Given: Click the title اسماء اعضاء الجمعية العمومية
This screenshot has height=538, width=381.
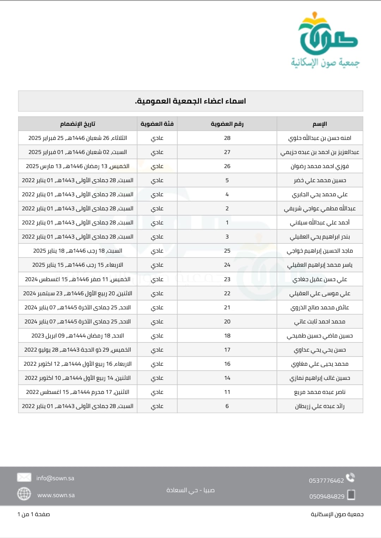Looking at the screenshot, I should click(x=190, y=101).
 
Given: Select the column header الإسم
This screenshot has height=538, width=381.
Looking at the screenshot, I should click(x=320, y=124).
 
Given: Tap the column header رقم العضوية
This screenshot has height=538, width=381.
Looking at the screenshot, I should click(x=227, y=124).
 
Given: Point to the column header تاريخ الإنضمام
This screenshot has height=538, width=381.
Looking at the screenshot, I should click(x=78, y=124).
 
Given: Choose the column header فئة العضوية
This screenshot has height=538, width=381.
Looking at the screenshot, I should click(x=157, y=124).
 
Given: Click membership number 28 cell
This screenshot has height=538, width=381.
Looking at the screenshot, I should click(x=227, y=138).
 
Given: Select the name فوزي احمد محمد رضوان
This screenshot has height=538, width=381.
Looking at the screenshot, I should click(x=320, y=166).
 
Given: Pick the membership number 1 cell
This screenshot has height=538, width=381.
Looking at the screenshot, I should click(x=227, y=223).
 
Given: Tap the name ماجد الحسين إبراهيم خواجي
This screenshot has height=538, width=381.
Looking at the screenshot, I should click(x=320, y=251).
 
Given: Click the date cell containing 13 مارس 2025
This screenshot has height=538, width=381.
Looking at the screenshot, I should click(x=78, y=166).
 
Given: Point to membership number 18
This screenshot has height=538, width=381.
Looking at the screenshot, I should click(x=227, y=336).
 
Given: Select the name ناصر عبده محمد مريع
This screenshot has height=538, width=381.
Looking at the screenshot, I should click(x=320, y=392).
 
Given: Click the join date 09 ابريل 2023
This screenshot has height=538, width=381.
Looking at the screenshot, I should click(x=78, y=336).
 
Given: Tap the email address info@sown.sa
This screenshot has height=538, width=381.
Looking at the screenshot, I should click(x=55, y=478).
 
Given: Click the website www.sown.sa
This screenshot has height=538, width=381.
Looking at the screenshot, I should click(x=56, y=495).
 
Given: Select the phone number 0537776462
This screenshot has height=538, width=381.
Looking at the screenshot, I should click(x=326, y=481).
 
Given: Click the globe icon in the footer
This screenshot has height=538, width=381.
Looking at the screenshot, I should click(x=24, y=494).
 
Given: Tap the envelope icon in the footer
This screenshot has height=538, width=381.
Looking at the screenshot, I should click(x=24, y=477).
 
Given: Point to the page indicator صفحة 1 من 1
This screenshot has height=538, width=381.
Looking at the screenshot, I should click(x=34, y=514).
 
